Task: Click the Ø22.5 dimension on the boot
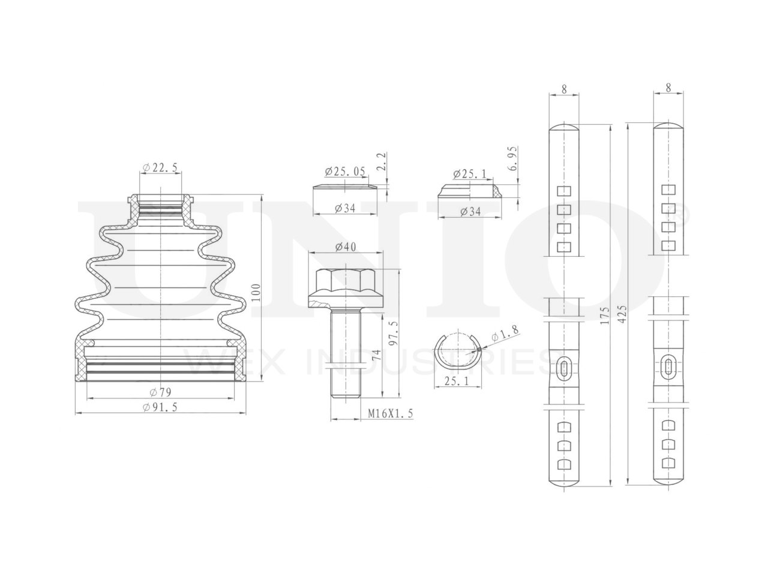pos(160,169)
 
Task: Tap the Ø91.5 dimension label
pos(160,407)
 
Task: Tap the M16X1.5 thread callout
pos(391,413)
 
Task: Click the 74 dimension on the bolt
pos(376,354)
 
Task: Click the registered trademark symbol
pos(683,211)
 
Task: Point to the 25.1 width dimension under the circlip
pos(455,380)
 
